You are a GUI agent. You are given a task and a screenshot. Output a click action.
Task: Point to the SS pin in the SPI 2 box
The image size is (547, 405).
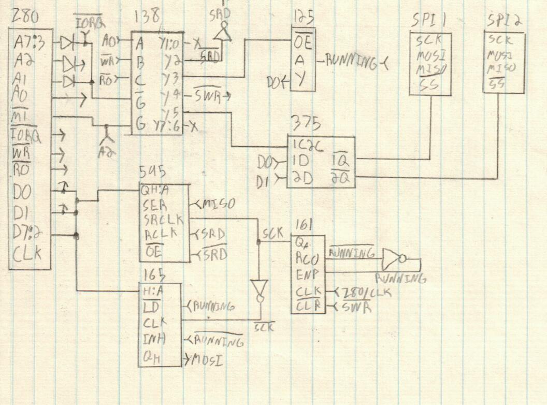pos(497,81)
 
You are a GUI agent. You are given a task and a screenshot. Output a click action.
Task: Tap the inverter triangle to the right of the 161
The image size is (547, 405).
pos(392,257)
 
